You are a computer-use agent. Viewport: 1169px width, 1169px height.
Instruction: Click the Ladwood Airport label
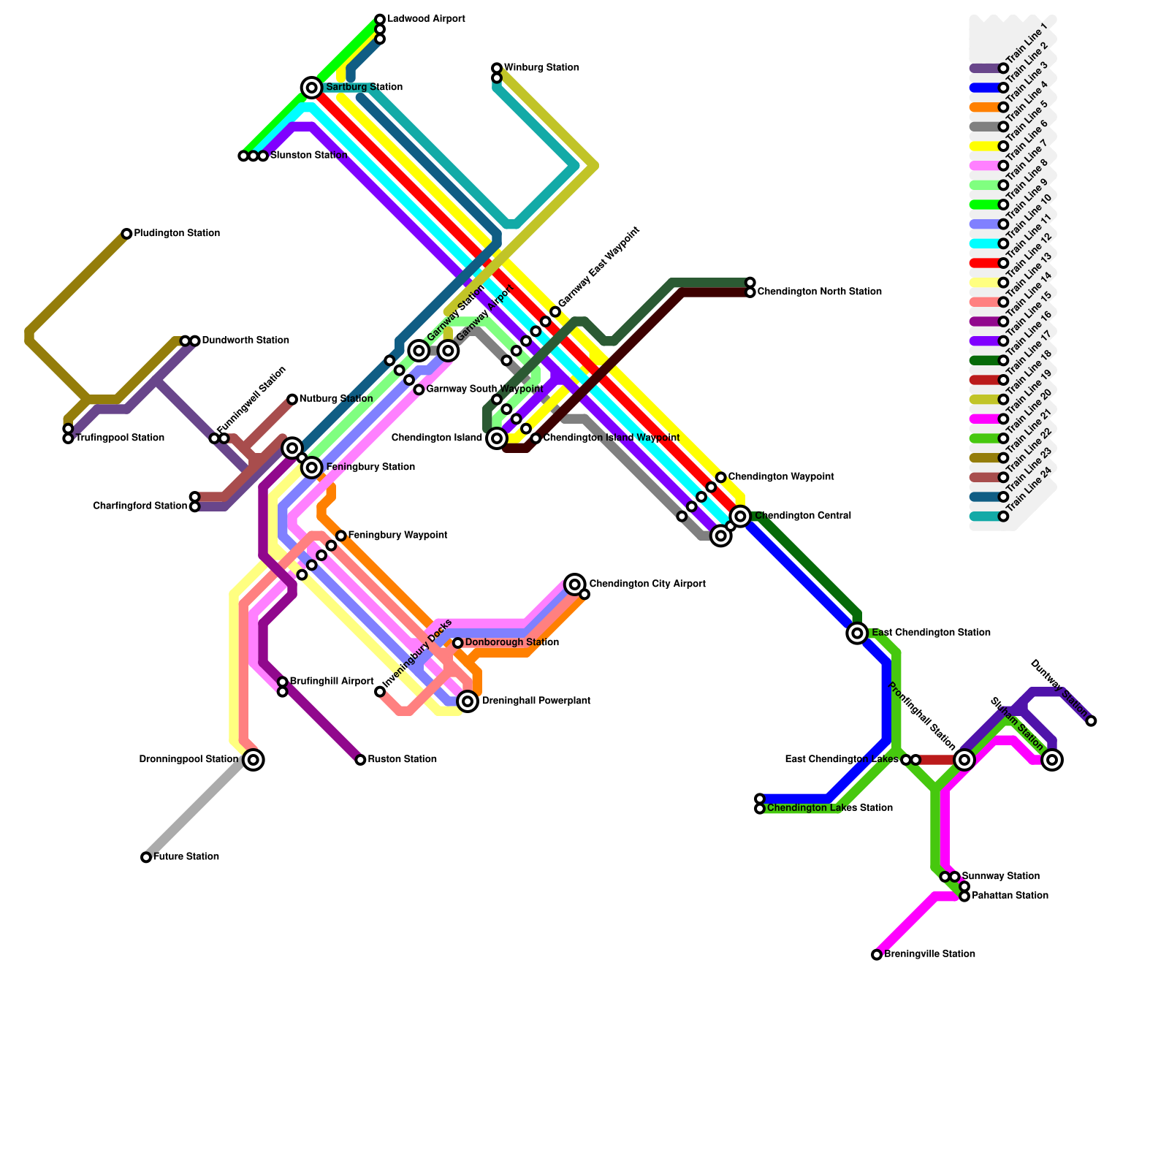[x=426, y=19]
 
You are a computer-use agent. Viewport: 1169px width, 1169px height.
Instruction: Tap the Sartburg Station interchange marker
[x=312, y=88]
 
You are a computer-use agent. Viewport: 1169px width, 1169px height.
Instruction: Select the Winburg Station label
[x=541, y=68]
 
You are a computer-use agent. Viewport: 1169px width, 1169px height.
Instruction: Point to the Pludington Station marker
[x=126, y=234]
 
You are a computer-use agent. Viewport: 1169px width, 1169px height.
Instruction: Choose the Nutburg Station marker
[x=292, y=399]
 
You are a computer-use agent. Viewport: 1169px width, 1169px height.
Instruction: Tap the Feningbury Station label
[x=370, y=468]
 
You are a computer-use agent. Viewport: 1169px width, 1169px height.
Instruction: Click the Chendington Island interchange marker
[x=497, y=438]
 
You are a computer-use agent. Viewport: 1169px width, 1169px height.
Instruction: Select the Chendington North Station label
[x=819, y=292]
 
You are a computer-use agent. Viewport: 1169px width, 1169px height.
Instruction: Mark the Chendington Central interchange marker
[x=740, y=517]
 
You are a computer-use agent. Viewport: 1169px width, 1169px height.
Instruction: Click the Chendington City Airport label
[x=647, y=584]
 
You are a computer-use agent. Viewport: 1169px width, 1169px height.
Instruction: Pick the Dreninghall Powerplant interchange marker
[x=468, y=701]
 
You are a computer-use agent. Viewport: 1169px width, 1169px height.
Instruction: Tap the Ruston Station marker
[x=360, y=760]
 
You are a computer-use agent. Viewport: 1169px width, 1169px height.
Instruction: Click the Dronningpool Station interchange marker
[x=254, y=760]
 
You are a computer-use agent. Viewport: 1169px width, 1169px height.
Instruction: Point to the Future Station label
[x=186, y=857]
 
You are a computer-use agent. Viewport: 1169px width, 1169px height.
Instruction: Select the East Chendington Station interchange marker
[x=857, y=633]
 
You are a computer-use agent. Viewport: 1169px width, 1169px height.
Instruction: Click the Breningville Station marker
[x=877, y=954]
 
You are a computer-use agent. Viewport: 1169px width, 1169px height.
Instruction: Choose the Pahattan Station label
[x=1010, y=896]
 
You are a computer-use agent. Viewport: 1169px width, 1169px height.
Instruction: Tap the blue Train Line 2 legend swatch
[x=984, y=88]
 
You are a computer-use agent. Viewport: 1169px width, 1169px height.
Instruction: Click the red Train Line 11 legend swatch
[x=984, y=263]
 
